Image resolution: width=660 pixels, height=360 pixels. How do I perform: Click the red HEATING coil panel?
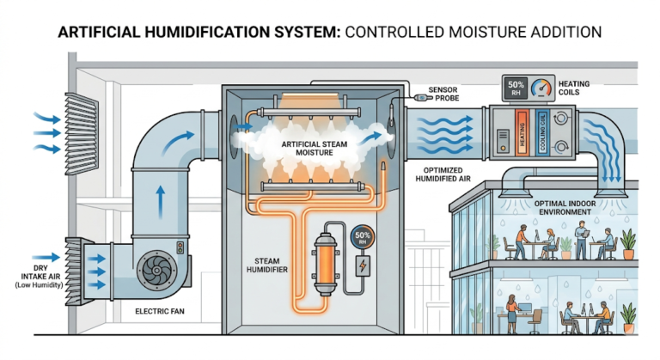click(522, 130)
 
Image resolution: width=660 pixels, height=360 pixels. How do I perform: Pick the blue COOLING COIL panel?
click(543, 130)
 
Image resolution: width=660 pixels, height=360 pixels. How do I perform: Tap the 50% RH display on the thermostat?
click(516, 87)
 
